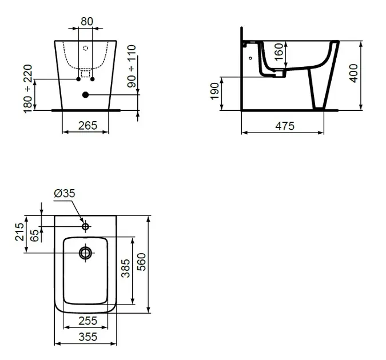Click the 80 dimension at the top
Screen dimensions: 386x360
87,21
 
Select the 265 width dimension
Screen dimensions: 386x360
87,126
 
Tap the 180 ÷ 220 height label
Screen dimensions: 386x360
28,89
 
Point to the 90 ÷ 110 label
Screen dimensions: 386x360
132,66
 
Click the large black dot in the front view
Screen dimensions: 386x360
85,95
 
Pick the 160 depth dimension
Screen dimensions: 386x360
278,52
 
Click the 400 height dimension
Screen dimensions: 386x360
353,73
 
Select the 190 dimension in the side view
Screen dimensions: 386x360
214,91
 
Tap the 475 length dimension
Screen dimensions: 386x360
285,126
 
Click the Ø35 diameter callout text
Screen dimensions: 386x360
65,193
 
